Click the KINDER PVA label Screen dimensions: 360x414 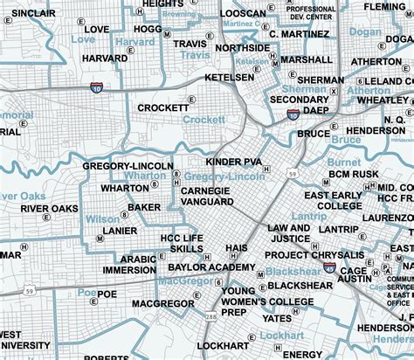(x=233, y=163)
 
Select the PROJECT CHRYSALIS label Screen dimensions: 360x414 (x=307, y=255)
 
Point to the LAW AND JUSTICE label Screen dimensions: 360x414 (x=289, y=232)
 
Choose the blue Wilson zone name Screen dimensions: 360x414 (x=102, y=219)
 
